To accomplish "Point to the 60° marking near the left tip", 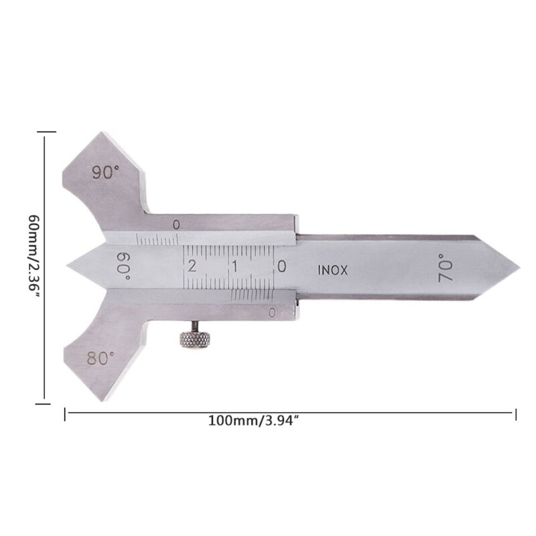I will click(x=123, y=267).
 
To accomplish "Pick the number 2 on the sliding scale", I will click(x=193, y=266).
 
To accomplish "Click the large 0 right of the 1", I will click(x=282, y=266).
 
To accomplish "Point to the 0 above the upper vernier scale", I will click(x=176, y=225).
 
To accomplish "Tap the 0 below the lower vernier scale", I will click(x=272, y=312).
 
